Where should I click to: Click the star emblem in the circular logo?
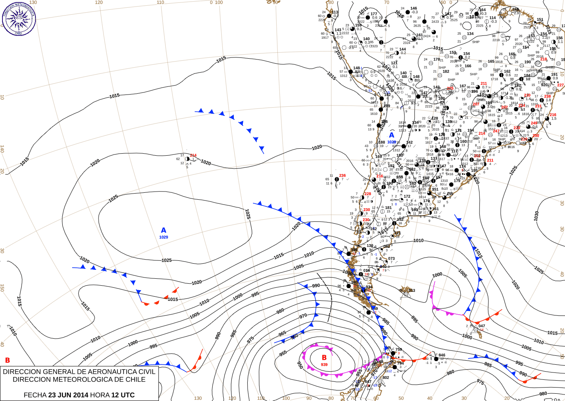point(19,18)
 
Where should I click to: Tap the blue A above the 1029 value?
point(163,230)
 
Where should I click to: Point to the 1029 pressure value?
point(163,237)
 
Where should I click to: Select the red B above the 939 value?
point(324,357)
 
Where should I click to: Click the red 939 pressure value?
point(324,365)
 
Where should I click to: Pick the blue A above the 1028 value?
point(391,135)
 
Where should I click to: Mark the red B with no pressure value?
point(7,360)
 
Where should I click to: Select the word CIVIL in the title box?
point(147,372)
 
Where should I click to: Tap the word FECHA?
point(35,395)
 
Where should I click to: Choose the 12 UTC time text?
point(122,395)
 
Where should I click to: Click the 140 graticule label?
point(2,149)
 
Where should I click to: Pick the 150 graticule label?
point(2,288)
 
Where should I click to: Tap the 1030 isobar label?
point(536,216)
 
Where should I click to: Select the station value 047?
point(482,326)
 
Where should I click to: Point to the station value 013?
point(412,291)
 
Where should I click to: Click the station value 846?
point(442,355)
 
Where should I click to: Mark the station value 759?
point(398,350)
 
